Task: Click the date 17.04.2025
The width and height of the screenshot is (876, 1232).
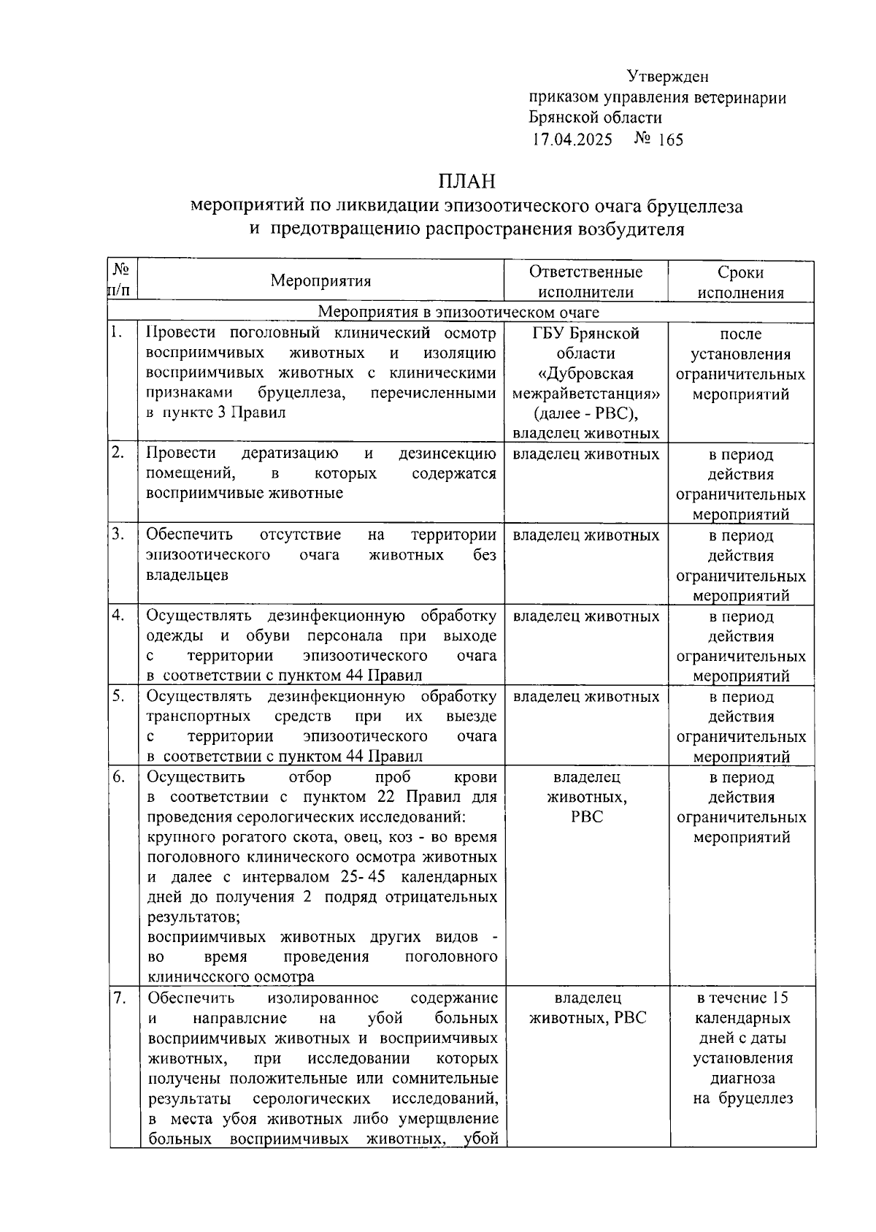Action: click(572, 139)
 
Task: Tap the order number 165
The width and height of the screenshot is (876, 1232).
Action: click(670, 139)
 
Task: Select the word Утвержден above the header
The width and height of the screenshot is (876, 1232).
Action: click(667, 76)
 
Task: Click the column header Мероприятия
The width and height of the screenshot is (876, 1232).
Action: click(320, 281)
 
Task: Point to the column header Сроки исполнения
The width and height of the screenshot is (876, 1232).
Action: click(740, 283)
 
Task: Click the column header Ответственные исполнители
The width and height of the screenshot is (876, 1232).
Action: click(586, 282)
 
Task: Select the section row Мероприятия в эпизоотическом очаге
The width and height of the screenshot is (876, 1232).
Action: click(459, 313)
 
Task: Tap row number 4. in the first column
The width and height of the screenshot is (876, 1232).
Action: click(118, 615)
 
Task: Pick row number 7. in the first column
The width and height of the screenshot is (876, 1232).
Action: click(119, 998)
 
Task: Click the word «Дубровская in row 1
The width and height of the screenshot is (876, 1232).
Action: click(585, 374)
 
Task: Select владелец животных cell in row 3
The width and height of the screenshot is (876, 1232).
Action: click(586, 535)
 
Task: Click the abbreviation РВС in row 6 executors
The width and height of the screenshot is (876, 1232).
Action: click(587, 817)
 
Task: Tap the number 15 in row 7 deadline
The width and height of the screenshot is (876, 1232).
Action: click(779, 998)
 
